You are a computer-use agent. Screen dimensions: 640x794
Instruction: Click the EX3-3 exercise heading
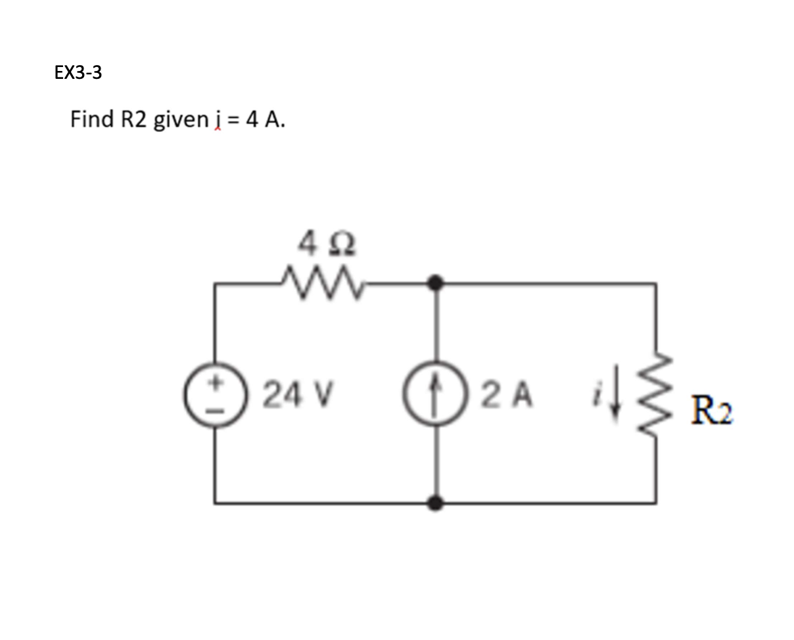78,72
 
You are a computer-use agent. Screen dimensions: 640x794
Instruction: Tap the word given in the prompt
180,120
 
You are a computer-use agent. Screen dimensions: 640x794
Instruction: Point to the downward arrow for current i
614,394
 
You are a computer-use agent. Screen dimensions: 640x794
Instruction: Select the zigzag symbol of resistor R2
655,394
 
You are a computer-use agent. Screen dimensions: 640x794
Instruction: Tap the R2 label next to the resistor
712,413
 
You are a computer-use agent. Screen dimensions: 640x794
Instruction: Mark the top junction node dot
434,284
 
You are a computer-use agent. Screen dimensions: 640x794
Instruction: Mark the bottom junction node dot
434,503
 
